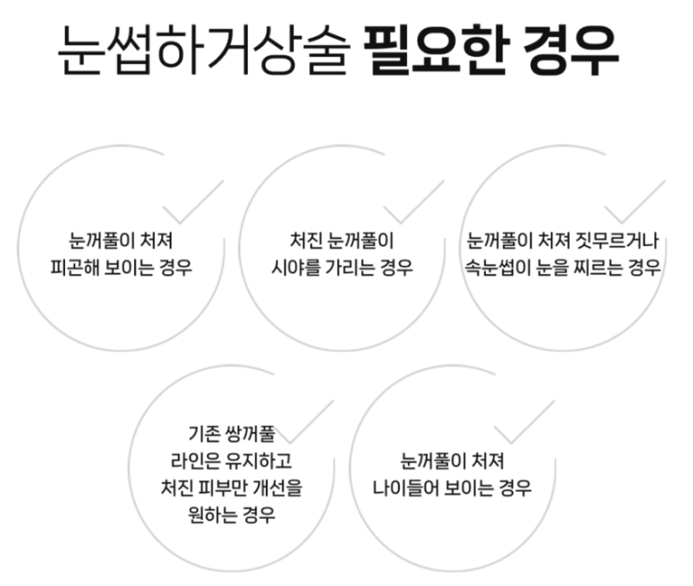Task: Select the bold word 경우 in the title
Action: tap(571, 49)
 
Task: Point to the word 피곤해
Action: tap(74, 267)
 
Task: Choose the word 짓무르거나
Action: tap(617, 241)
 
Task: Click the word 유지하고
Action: tap(258, 461)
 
